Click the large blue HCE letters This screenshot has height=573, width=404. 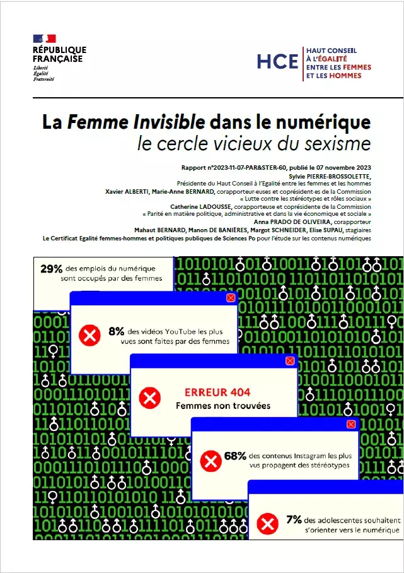[277, 61]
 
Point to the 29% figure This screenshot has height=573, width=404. [50, 269]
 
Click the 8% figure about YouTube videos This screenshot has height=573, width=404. [117, 331]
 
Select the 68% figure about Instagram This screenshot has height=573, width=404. [235, 455]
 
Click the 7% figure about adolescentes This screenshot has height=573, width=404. [294, 519]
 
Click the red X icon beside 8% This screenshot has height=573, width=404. [89, 336]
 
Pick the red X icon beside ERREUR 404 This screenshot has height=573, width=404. [149, 398]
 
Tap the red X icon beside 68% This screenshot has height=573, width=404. [211, 461]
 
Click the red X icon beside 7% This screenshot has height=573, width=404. [268, 524]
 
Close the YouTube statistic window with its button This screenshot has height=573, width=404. [230, 297]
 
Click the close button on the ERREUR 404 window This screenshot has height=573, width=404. [290, 361]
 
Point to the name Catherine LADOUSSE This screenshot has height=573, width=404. [196, 206]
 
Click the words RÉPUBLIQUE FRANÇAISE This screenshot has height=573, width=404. [59, 54]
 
